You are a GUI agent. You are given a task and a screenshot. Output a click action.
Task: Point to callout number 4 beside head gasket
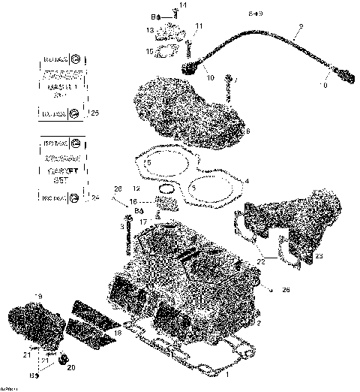(x=247, y=180)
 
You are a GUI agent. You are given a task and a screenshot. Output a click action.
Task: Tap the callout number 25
(x=94, y=113)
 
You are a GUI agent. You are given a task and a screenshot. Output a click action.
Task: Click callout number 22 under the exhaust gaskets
(x=260, y=261)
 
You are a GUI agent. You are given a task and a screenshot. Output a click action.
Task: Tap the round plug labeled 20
(x=63, y=357)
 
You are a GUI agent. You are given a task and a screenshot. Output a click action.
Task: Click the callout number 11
(x=199, y=26)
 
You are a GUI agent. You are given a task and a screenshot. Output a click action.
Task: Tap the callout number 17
(x=142, y=222)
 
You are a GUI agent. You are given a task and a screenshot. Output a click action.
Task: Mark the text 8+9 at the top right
(x=256, y=14)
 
